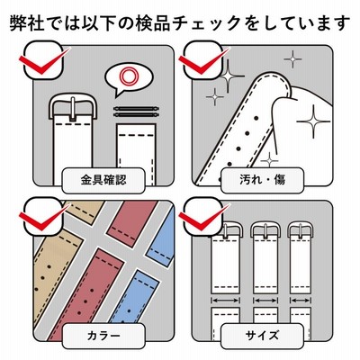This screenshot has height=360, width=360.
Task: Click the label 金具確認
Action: [103, 180]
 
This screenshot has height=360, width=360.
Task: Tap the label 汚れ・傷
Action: [263, 180]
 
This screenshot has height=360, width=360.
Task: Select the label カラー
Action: [103, 336]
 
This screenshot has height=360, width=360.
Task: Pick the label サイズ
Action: [262, 336]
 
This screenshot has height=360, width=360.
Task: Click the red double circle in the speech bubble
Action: [129, 76]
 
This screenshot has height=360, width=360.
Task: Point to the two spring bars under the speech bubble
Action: [136, 112]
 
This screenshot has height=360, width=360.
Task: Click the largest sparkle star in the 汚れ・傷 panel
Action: [313, 121]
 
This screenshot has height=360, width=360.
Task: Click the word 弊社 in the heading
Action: [27, 23]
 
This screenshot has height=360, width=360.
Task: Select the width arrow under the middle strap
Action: [265, 301]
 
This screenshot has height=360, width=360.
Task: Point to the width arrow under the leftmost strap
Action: [225, 301]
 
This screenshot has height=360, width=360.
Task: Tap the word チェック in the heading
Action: [206, 23]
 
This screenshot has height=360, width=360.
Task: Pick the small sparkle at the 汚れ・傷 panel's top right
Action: [292, 58]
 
